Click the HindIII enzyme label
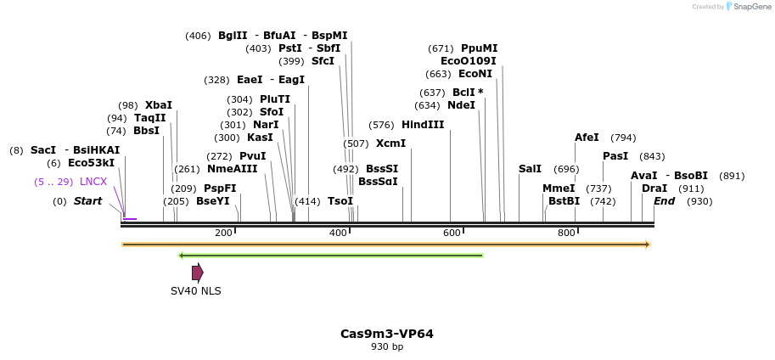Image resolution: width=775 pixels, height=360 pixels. point(423,125)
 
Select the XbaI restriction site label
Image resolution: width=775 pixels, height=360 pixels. point(158,105)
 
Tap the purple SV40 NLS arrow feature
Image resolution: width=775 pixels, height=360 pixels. point(197,273)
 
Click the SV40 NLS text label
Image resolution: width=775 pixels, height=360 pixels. point(195,290)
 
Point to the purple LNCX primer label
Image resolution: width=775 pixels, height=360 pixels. point(93,182)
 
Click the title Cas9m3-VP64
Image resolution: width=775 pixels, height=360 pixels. point(387,334)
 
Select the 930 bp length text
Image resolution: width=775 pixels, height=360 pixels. point(387,346)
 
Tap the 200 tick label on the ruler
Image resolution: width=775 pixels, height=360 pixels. point(223,233)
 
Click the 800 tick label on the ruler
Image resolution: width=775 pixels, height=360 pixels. point(566,233)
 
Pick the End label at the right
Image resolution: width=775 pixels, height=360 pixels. point(664,201)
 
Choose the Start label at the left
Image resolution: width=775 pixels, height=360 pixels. point(87,201)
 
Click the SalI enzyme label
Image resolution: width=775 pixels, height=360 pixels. point(530,169)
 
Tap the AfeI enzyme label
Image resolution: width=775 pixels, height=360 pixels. point(587,138)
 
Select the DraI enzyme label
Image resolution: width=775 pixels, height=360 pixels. point(654,188)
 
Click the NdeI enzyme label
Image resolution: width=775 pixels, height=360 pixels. point(461,105)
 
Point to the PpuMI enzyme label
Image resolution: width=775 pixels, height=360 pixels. point(479,48)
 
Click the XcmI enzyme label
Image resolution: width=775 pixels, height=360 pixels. point(390,143)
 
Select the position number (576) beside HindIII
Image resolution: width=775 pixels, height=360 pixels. point(381,125)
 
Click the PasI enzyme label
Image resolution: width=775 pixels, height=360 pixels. point(615,156)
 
